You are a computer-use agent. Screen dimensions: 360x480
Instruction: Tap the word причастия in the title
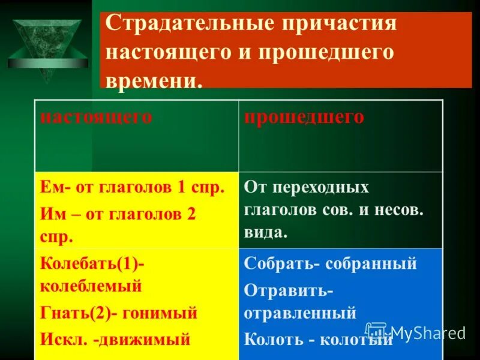point(340,25)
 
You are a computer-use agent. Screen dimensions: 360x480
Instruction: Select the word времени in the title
point(153,80)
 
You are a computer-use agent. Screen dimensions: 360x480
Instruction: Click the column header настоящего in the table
point(96,116)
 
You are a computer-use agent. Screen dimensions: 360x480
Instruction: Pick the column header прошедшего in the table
point(304,116)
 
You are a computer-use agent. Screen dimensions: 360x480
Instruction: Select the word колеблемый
point(91,286)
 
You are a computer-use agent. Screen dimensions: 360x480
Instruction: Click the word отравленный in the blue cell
point(300,313)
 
